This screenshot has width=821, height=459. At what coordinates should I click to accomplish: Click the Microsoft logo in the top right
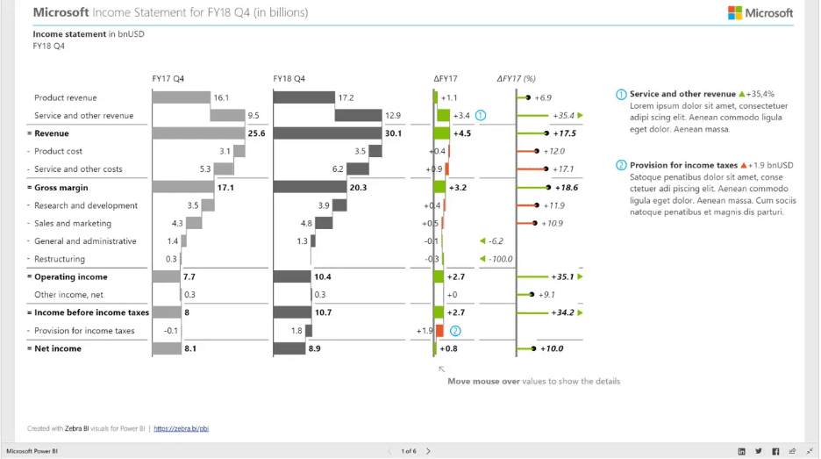coord(760,12)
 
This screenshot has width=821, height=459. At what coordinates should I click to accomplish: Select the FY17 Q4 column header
coord(168,79)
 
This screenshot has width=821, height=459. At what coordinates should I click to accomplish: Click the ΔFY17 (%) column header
coord(516,79)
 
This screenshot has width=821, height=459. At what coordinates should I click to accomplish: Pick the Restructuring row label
coord(60,259)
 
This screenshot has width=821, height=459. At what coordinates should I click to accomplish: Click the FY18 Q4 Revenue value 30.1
coord(393,133)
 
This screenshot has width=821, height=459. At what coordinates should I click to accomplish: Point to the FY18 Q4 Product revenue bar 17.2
coord(303,97)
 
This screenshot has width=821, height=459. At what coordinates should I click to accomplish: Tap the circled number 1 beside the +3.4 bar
coord(481,115)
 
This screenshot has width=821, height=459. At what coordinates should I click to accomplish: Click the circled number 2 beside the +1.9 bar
coord(454,331)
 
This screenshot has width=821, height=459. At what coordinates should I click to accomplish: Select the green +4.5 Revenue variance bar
coord(441,133)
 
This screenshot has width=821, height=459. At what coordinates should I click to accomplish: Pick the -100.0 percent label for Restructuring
coord(501,259)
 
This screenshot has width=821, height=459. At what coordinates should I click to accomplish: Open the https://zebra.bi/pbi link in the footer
coord(181,429)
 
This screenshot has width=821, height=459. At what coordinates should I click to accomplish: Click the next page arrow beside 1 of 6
coord(428,451)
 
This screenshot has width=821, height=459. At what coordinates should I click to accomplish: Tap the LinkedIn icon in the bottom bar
coord(742,451)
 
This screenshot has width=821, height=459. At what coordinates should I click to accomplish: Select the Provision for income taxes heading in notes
coord(683,165)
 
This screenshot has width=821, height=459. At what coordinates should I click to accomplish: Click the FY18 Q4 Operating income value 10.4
coord(323,277)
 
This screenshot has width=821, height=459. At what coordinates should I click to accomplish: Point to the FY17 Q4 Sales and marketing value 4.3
coord(177,224)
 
